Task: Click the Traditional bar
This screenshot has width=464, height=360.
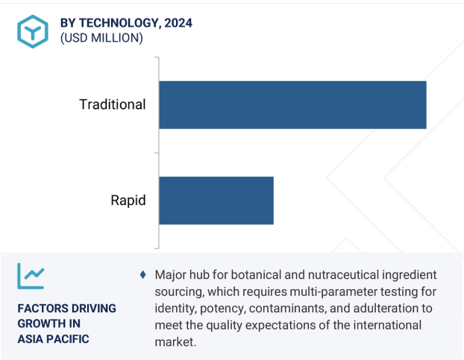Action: tap(292, 105)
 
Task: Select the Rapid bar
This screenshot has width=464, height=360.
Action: tap(216, 200)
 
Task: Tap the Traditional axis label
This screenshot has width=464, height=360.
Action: tap(113, 104)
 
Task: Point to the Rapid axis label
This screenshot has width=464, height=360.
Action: tap(128, 200)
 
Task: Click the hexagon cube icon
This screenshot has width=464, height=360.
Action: tap(33, 31)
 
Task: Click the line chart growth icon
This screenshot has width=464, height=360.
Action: tap(31, 276)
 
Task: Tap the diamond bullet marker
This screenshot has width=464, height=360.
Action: tap(143, 275)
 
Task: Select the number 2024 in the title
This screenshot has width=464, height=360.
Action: tap(178, 23)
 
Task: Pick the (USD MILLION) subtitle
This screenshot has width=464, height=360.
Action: tap(101, 38)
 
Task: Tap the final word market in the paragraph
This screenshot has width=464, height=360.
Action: tap(175, 342)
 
